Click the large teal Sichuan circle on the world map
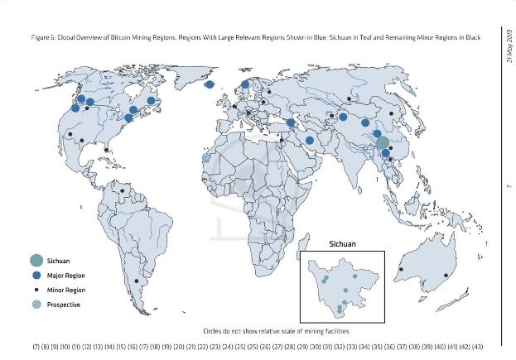pos(382,142)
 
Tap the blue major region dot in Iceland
pos(210,84)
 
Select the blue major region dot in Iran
pos(310,140)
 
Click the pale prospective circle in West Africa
pos(205,156)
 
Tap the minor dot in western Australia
pos(402,269)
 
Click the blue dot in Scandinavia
pos(245,84)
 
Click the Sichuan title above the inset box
pos(342,246)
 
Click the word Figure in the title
pos(40,39)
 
